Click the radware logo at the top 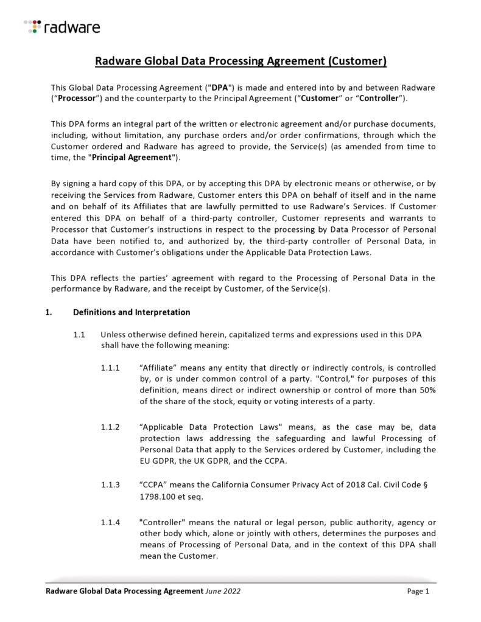pos(62,26)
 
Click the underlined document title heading pos(240,61)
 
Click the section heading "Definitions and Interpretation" pos(132,312)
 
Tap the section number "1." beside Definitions pos(49,312)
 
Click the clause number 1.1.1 pos(111,368)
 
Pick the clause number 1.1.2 pos(111,428)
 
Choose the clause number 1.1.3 pos(111,484)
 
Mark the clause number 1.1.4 pos(111,522)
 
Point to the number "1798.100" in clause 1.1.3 pos(156,497)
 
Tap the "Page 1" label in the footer pos(418,591)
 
